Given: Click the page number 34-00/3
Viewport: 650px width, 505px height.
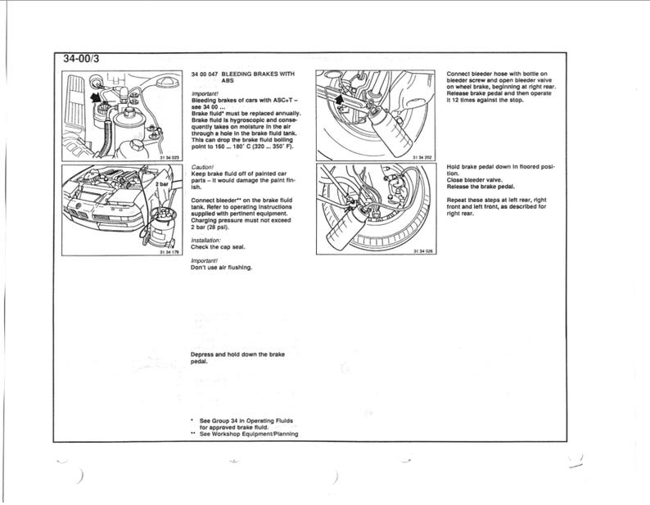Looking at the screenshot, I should tap(82, 58).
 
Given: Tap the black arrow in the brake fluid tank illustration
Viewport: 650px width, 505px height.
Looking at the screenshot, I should tap(100, 97).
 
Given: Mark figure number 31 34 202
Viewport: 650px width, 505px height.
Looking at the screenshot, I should tap(424, 156).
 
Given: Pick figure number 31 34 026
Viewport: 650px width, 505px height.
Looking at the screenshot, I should tap(424, 251).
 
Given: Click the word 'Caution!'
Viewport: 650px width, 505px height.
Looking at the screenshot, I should tap(202, 166).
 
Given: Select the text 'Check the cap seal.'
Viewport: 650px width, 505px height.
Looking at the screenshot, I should tap(217, 246).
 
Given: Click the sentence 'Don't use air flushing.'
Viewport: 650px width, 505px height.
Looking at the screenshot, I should tap(221, 267).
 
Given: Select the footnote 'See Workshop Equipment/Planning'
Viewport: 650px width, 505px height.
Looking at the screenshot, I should tap(248, 434).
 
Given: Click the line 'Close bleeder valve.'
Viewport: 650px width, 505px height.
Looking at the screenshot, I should tap(474, 180).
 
